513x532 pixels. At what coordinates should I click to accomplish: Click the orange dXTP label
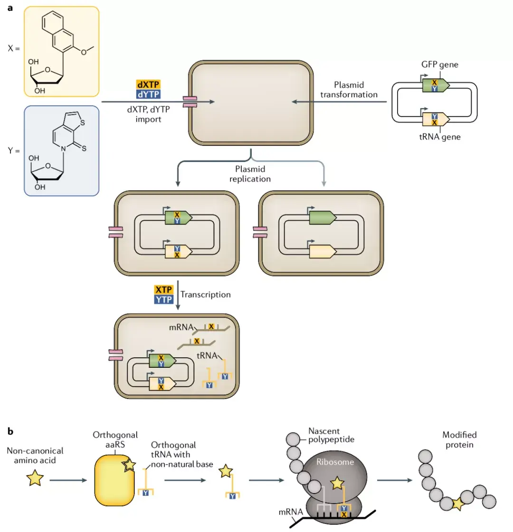148,84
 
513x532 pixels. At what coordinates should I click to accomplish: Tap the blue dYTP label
148,94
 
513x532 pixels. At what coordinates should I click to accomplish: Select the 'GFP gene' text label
440,65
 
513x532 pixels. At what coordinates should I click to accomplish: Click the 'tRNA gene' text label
440,137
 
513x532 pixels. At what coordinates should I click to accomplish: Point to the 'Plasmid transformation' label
349,90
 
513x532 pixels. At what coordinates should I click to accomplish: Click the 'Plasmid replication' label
250,174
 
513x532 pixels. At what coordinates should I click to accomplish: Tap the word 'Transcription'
205,294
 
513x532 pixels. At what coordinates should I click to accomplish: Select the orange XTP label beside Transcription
164,289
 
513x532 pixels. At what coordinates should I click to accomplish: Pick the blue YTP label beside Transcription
164,299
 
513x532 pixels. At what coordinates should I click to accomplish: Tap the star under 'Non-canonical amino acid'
35,478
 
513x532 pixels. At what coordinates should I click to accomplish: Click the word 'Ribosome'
335,462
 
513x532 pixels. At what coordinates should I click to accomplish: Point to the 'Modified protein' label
459,440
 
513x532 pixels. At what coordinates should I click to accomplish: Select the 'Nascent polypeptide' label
331,435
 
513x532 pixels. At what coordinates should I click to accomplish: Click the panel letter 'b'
10,431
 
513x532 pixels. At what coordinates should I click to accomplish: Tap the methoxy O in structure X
84,52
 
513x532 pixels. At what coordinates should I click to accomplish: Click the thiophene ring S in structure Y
83,123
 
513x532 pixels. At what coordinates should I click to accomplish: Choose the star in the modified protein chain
458,504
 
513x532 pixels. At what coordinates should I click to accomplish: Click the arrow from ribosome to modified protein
395,480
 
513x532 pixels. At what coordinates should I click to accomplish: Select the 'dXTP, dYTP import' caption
148,114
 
